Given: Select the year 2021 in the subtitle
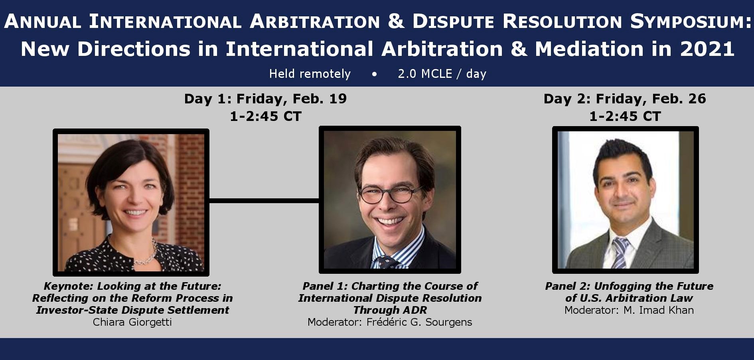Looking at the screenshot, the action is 707,49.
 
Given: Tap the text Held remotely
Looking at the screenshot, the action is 310,74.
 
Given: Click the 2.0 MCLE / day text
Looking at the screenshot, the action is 442,74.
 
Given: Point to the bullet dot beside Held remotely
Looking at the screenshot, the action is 374,74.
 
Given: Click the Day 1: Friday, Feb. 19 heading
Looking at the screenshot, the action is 265,99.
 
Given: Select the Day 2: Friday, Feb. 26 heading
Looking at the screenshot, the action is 625,99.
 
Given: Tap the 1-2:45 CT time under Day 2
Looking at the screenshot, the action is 625,116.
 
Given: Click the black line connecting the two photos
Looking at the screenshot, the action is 264,200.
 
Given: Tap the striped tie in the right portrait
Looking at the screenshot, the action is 620,253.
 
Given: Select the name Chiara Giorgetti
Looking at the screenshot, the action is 132,322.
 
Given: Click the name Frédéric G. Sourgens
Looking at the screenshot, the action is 419,322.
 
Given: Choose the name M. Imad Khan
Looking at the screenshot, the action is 659,310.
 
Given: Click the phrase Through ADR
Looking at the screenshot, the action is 390,310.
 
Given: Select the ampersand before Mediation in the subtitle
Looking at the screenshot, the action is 519,49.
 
